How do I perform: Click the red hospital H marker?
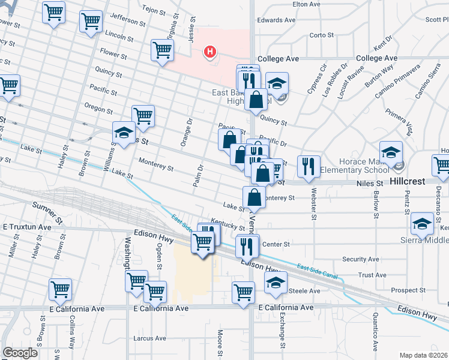210,52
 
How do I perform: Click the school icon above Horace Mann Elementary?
391,152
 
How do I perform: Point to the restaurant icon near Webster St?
309,166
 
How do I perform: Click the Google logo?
20,353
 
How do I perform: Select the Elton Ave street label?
306,4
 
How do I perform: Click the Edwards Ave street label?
276,20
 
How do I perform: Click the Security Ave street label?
360,259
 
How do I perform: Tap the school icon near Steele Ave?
276,283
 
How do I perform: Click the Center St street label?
276,244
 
